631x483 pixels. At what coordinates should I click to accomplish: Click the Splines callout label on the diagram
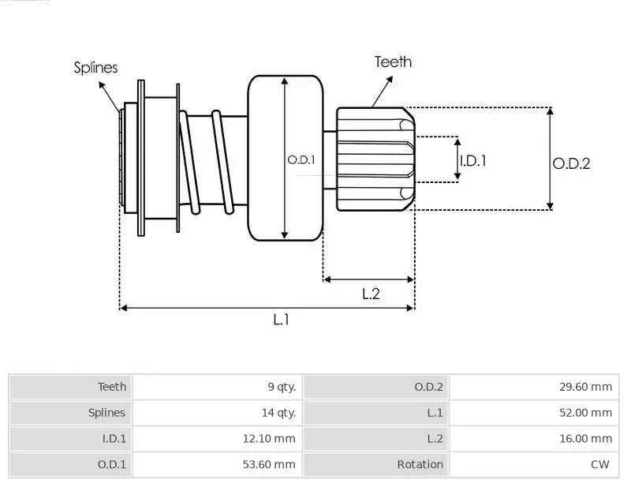pyautogui.click(x=95, y=68)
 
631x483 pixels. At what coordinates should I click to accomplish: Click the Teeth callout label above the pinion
pyautogui.click(x=393, y=62)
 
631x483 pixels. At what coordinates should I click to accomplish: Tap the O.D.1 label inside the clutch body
pyautogui.click(x=301, y=159)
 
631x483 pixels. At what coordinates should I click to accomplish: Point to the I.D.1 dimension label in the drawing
pyautogui.click(x=473, y=160)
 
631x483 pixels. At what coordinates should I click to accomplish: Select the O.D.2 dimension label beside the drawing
pyautogui.click(x=571, y=163)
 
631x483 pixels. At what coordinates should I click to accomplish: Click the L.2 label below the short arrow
pyautogui.click(x=371, y=294)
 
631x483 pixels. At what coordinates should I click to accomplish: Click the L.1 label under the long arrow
pyautogui.click(x=281, y=319)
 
